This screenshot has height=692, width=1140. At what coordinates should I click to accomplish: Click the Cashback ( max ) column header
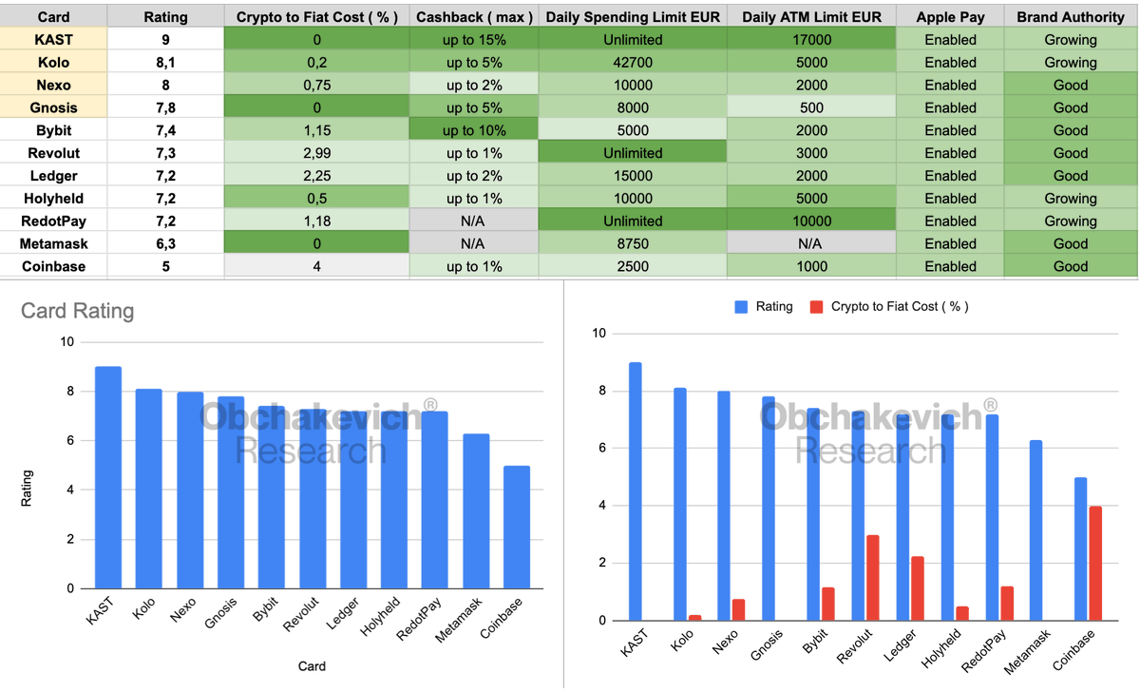474,17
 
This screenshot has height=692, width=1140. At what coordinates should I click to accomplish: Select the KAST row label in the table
53,40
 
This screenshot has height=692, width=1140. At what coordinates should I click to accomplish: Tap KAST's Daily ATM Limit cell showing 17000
811,40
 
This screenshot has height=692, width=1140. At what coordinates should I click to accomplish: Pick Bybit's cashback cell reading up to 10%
474,130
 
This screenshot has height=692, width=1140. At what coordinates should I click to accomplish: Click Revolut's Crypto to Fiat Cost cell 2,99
316,153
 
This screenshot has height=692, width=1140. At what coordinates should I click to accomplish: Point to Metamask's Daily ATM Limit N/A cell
811,243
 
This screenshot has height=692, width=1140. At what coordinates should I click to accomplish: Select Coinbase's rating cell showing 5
165,266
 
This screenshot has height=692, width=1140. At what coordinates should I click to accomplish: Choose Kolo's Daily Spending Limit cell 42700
633,62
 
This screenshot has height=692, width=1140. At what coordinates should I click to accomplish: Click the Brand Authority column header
1071,17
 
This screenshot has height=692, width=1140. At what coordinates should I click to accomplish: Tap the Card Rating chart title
77,311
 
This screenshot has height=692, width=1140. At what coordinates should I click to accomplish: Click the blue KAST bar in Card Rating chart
108,477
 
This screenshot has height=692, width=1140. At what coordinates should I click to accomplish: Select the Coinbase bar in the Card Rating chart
517,527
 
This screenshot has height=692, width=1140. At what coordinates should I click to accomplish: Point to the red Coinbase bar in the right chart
1095,563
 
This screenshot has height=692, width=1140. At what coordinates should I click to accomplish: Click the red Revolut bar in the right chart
872,578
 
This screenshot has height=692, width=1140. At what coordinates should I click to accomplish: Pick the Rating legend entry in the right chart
764,306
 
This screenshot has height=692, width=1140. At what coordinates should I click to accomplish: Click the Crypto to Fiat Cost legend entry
888,306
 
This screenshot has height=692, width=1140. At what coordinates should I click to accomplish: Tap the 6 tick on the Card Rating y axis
70,440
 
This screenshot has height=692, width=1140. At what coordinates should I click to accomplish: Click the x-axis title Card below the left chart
312,666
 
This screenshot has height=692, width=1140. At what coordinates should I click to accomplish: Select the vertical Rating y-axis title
27,489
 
